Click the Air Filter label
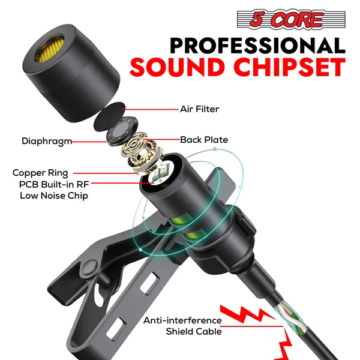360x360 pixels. [x=199, y=109]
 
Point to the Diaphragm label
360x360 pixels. [x=46, y=142]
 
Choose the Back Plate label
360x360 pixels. [x=204, y=140]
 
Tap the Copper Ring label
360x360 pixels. [x=40, y=173]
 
